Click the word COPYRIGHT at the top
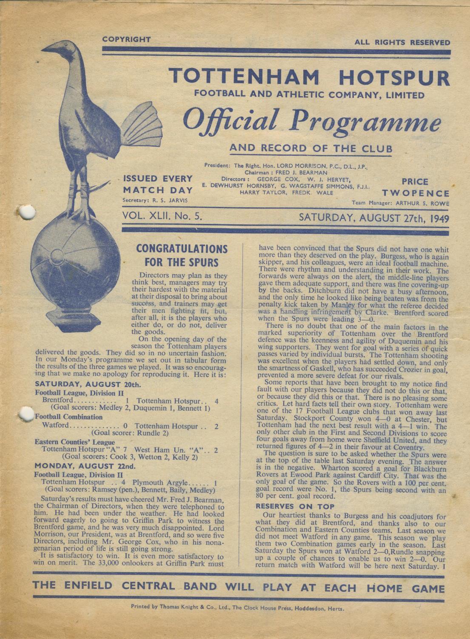click(126, 40)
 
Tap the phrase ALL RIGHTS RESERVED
click(402, 42)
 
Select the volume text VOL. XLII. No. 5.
click(162, 216)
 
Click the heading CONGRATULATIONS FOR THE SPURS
click(182, 255)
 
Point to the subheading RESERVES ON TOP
click(295, 506)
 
